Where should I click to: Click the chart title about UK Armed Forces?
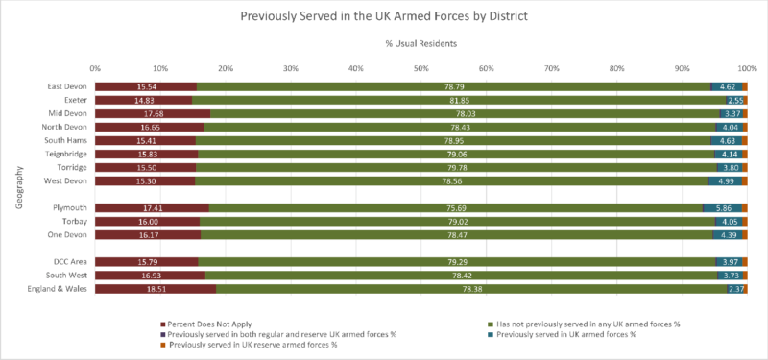pos(384,16)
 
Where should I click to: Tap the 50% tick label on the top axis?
pos(420,68)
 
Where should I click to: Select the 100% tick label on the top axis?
pos(745,68)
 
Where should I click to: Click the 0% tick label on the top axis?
pos(95,68)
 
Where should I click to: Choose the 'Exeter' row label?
pos(74,100)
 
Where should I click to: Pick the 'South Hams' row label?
pos(67,140)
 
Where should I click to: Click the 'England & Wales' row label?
pos(60,288)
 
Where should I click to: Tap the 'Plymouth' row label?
pos(70,207)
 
